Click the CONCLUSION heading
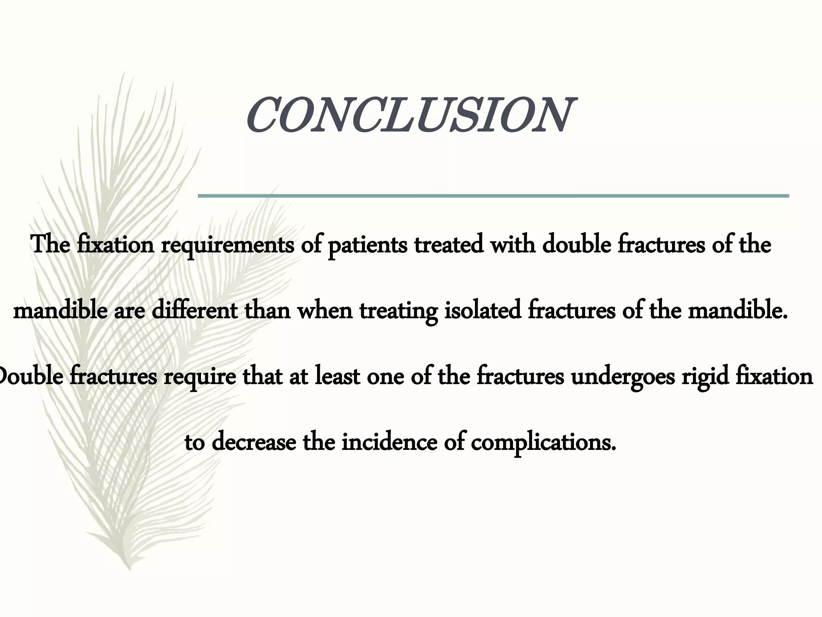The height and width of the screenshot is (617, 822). [409, 116]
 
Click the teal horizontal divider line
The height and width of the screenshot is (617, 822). [493, 196]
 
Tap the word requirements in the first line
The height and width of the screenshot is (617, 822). [227, 245]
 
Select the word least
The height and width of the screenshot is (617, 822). [337, 377]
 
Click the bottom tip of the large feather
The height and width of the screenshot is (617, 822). [129, 568]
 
